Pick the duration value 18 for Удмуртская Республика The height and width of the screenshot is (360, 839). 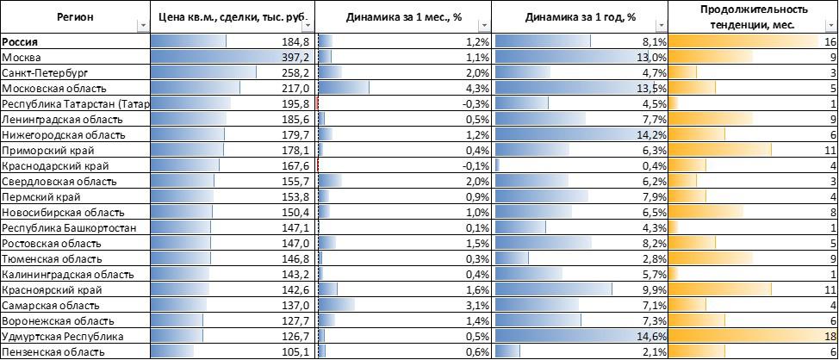[830, 336]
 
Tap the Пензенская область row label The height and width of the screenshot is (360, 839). [51, 351]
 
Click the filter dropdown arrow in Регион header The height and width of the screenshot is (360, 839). [142, 26]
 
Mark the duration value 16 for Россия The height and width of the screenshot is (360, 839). [830, 41]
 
